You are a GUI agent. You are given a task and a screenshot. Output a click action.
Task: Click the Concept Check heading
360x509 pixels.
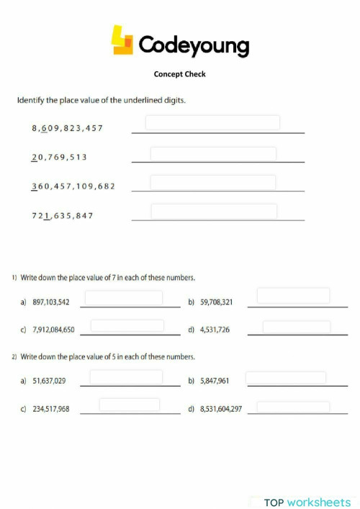click(179, 73)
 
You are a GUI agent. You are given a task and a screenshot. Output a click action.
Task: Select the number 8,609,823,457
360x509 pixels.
click(68, 128)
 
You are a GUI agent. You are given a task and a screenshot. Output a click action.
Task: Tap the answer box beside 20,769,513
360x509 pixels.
click(213, 154)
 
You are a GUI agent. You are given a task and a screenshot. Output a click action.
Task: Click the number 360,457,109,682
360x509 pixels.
click(73, 186)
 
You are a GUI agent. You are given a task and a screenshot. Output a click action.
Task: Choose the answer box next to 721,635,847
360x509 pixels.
click(214, 211)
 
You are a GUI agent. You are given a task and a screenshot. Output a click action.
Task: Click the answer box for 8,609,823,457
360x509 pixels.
click(212, 122)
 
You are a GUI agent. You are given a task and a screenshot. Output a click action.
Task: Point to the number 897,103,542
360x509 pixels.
click(51, 302)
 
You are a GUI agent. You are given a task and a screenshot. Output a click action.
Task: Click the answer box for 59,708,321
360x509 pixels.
click(293, 295)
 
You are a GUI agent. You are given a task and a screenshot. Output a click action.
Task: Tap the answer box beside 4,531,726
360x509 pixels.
click(296, 327)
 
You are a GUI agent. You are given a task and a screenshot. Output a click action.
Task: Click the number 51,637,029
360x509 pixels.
click(50, 380)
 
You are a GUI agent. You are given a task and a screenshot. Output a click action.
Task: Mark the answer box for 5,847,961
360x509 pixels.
click(286, 377)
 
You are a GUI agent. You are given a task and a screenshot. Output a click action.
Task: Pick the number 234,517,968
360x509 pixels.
click(51, 408)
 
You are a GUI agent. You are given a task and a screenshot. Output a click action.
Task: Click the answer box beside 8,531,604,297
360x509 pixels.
click(293, 407)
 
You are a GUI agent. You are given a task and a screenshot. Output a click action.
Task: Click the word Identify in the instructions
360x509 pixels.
click(31, 100)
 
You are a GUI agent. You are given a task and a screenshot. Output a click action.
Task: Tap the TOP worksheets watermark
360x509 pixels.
click(307, 502)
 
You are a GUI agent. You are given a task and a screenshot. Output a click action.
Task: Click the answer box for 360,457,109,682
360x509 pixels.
click(213, 182)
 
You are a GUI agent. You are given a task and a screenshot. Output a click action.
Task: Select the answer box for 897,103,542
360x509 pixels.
click(124, 297)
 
